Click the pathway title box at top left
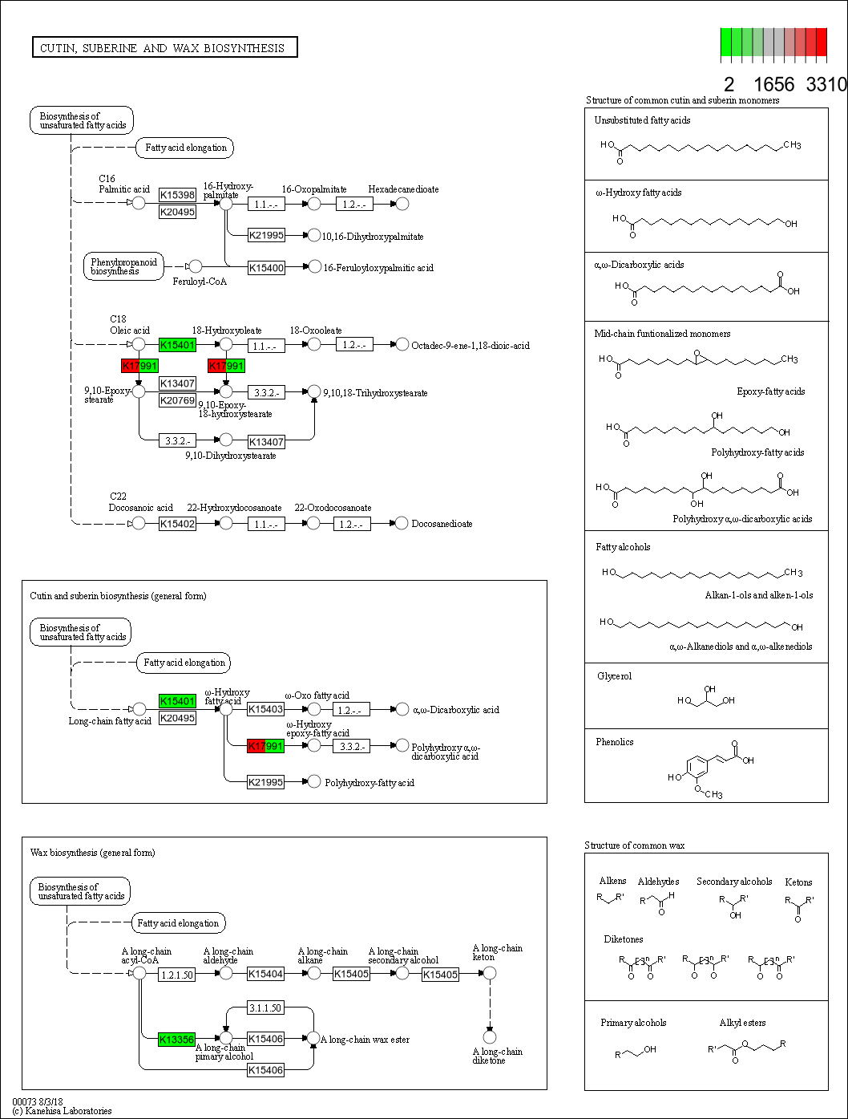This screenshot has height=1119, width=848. pyautogui.click(x=164, y=48)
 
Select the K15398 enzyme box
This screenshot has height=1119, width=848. pyautogui.click(x=177, y=195)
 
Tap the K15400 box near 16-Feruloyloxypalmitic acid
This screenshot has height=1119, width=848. pyautogui.click(x=266, y=268)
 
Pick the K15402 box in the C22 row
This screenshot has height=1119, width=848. pyautogui.click(x=177, y=524)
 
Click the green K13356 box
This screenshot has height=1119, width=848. pyautogui.click(x=177, y=1040)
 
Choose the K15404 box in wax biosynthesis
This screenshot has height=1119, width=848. pyautogui.click(x=265, y=974)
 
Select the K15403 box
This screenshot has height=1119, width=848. pyautogui.click(x=265, y=709)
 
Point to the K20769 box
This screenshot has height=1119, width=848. pyautogui.click(x=177, y=400)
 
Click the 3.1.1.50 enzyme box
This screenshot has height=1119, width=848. pyautogui.click(x=265, y=1008)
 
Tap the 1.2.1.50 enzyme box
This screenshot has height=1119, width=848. pyautogui.click(x=177, y=975)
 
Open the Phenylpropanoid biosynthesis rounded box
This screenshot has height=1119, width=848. pyautogui.click(x=123, y=266)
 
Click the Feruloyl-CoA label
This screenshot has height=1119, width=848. pyautogui.click(x=200, y=282)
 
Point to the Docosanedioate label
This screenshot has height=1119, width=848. pyautogui.click(x=442, y=524)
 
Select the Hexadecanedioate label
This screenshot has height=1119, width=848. pyautogui.click(x=403, y=189)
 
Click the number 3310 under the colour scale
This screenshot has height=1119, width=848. pyautogui.click(x=826, y=85)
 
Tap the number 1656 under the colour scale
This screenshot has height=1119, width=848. pyautogui.click(x=773, y=85)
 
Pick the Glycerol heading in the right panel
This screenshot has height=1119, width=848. pyautogui.click(x=614, y=676)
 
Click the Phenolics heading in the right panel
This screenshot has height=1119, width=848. pyautogui.click(x=614, y=742)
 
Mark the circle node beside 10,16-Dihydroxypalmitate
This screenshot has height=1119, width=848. pyautogui.click(x=314, y=235)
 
